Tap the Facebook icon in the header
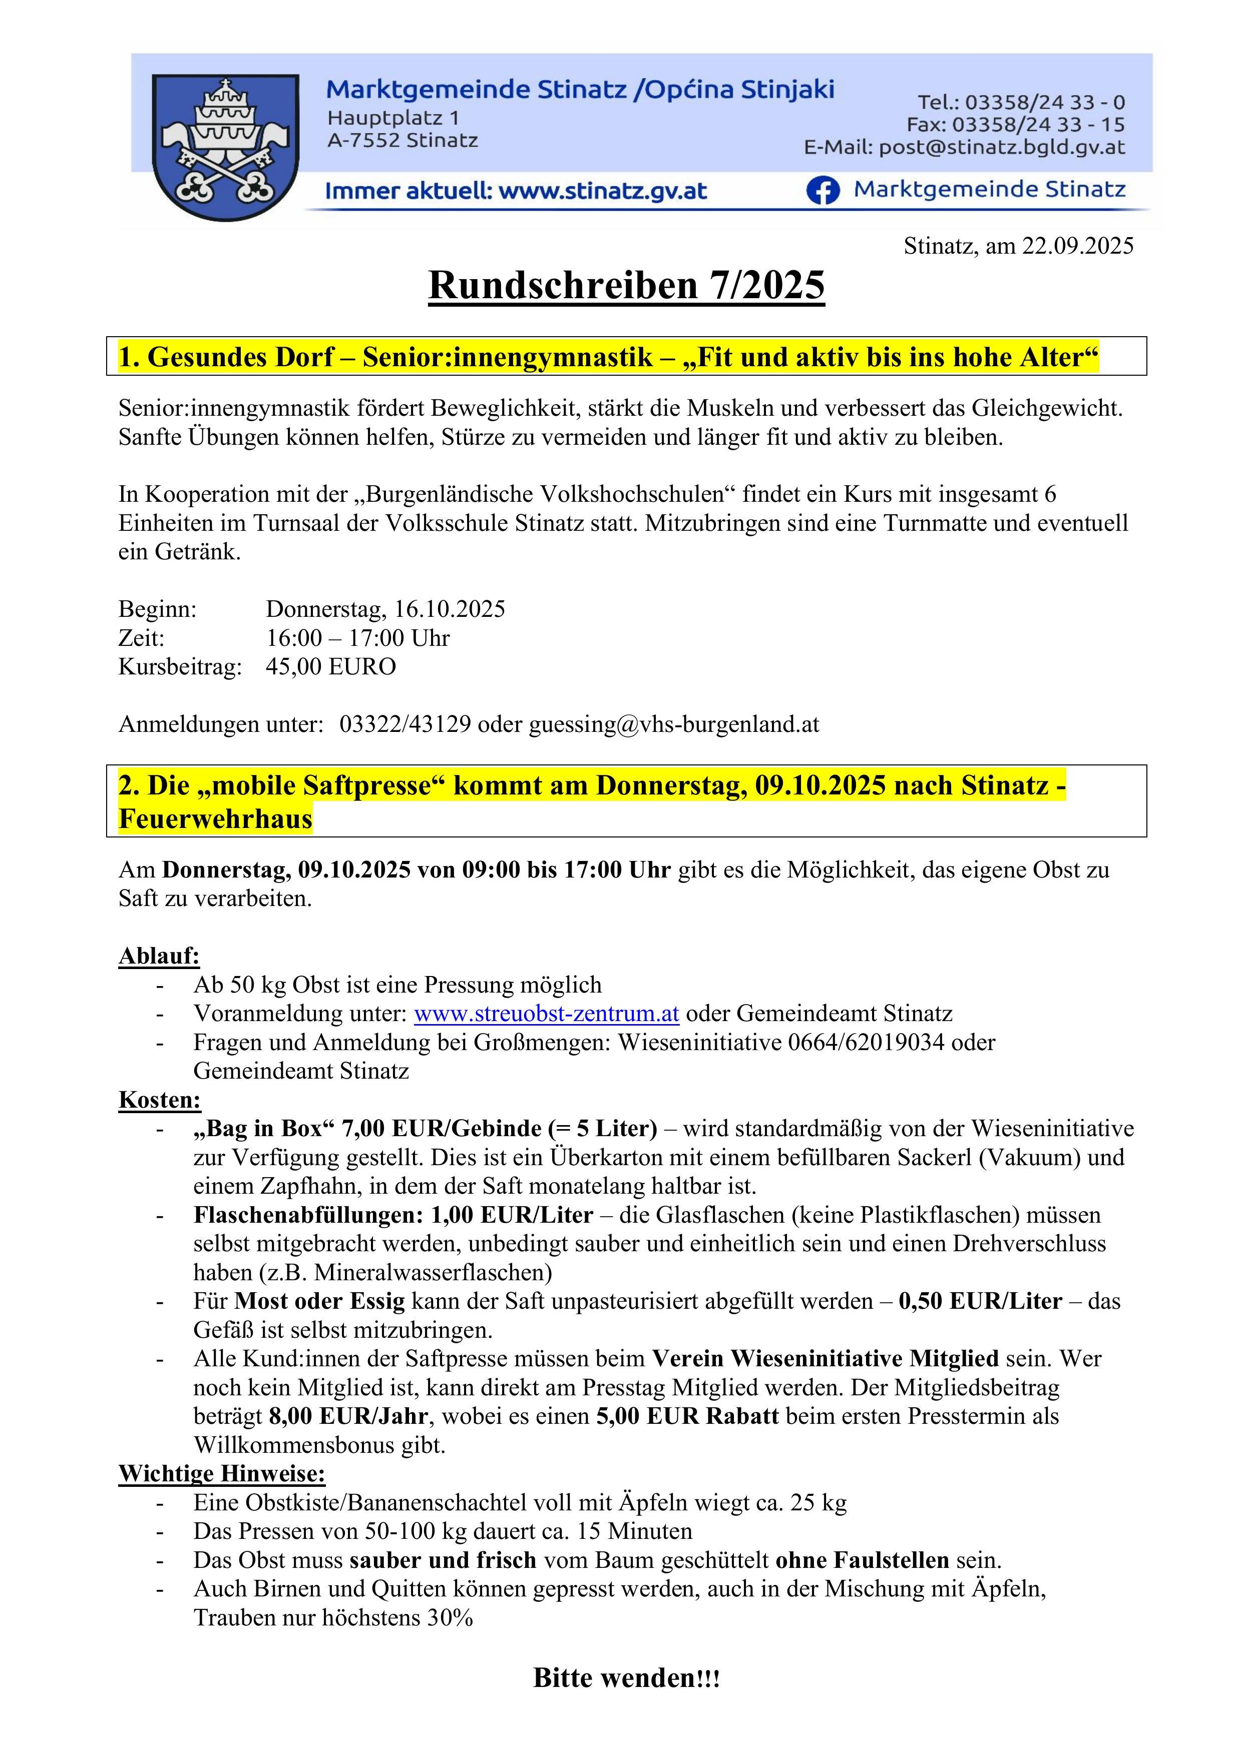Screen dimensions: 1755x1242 tap(822, 190)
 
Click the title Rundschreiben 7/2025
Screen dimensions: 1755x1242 tap(626, 286)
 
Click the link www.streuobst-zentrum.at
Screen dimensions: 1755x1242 tap(546, 1014)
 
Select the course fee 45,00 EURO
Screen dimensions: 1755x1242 tap(330, 666)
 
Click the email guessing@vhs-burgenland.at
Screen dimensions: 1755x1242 tap(674, 724)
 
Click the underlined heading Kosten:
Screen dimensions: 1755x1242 tap(159, 1099)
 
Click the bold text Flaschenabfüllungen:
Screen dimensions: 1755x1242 tap(308, 1215)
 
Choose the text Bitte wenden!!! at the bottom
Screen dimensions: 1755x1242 tap(626, 1678)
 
